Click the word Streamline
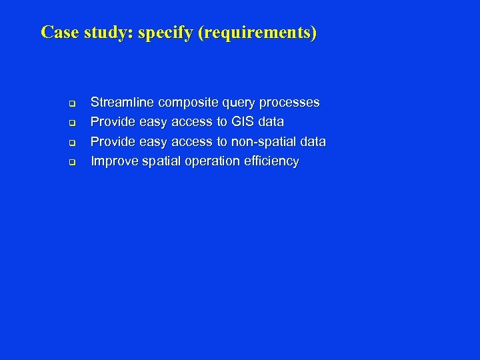point(122,103)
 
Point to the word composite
point(187,103)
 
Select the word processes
point(291,103)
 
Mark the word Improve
point(113,161)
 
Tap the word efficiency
point(271,161)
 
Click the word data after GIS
point(271,122)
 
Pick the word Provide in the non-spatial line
point(113,141)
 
